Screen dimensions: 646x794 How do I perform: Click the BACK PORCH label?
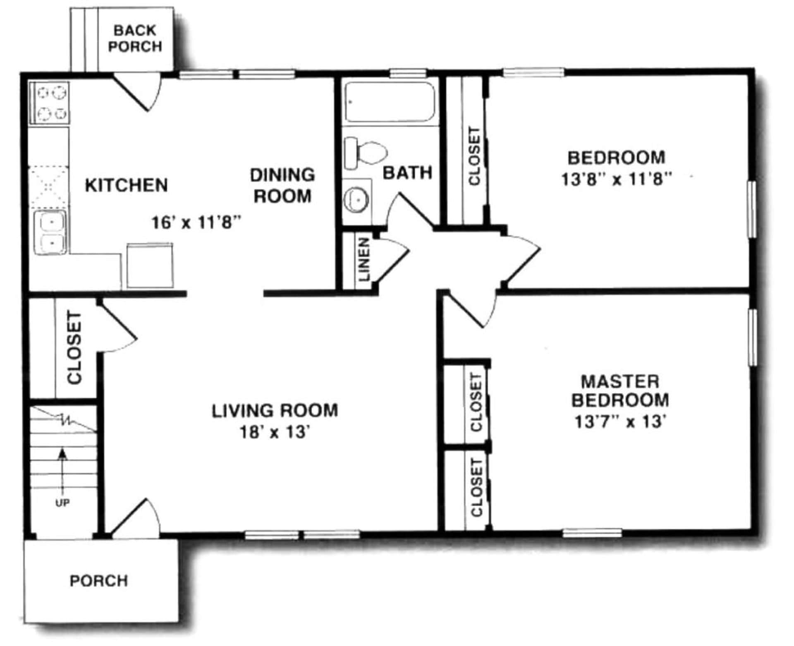[x=135, y=38]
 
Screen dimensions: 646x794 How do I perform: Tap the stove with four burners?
[x=49, y=102]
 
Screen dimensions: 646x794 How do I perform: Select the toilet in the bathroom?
[x=366, y=153]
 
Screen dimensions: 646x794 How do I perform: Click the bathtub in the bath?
[x=390, y=102]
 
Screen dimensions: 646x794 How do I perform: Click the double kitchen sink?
[x=50, y=232]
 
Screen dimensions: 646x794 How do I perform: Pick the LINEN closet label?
[x=364, y=259]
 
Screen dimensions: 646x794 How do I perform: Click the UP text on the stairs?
[x=62, y=503]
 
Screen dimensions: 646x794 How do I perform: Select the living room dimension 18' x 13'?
[x=275, y=432]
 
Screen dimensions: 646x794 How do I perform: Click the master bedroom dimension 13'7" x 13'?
[x=620, y=422]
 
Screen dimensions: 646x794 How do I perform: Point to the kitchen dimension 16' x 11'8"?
[x=196, y=223]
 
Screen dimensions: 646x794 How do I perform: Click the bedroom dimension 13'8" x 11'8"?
[x=616, y=179]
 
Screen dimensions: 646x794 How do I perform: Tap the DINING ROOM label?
[x=282, y=185]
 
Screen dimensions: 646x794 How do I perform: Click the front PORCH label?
[x=98, y=581]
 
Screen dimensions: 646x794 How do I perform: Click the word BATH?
[x=407, y=172]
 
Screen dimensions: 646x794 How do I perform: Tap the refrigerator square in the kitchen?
[x=149, y=266]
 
